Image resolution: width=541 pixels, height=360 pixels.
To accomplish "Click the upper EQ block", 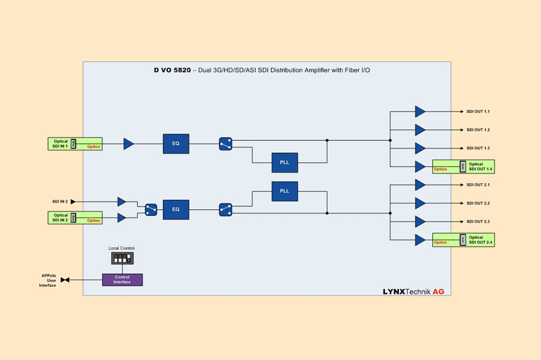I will tap(176, 144).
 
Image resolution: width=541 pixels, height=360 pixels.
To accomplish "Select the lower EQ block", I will tap(176, 209).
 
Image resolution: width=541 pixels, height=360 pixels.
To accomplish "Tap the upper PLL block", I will tap(285, 162).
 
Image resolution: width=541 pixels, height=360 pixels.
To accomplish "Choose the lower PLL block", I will tap(285, 191).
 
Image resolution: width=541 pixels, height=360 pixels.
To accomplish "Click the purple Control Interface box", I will tap(122, 279).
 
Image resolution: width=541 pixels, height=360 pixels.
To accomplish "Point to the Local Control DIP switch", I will tap(122, 258).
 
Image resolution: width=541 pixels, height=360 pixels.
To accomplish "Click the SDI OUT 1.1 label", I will tap(478, 111).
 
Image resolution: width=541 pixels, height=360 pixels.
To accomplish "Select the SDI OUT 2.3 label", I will tap(478, 222).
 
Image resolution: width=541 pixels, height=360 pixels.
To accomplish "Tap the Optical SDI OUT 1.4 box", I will tap(463, 166).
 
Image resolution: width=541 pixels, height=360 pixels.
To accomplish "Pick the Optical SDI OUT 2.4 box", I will tap(463, 239).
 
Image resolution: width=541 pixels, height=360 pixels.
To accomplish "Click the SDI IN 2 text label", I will tap(60, 202).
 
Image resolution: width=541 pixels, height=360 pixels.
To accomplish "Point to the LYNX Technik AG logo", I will tap(413, 291).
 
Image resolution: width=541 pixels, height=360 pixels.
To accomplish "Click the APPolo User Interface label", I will tap(49, 280).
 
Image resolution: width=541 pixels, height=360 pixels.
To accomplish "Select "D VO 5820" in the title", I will tap(172, 70).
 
